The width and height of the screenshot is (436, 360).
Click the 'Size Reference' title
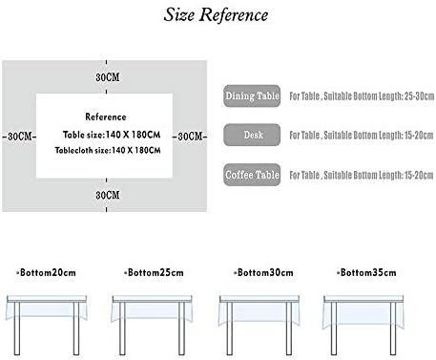pyautogui.click(x=216, y=15)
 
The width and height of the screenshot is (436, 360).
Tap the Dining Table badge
pyautogui.click(x=252, y=95)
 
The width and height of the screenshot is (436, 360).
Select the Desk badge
pyautogui.click(x=252, y=135)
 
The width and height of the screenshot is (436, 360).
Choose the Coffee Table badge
pyautogui.click(x=252, y=175)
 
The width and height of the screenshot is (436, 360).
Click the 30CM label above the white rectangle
pyautogui.click(x=108, y=77)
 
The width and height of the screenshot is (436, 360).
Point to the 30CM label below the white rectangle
pyautogui.click(x=108, y=195)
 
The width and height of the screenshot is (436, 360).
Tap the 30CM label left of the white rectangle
pyautogui.click(x=20, y=137)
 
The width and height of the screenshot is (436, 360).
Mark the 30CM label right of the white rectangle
pyautogui.click(x=190, y=137)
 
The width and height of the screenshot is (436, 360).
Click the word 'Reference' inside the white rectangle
pyautogui.click(x=106, y=116)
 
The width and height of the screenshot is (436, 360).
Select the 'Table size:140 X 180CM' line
pyautogui.click(x=112, y=135)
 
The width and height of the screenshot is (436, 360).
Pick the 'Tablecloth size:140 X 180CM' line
pyautogui.click(x=108, y=150)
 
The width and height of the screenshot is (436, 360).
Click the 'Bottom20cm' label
pyautogui.click(x=47, y=272)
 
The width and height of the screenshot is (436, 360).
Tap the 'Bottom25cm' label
pyautogui.click(x=154, y=272)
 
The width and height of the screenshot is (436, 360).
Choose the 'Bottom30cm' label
pyautogui.click(x=263, y=272)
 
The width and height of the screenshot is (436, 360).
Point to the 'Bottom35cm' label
pyautogui.click(x=366, y=272)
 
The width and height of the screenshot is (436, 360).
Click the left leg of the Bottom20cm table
pyautogui.click(x=17, y=328)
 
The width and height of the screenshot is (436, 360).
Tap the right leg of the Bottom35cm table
pyautogui.click(x=393, y=328)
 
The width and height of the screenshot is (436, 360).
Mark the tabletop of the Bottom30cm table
pyautogui.click(x=260, y=299)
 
